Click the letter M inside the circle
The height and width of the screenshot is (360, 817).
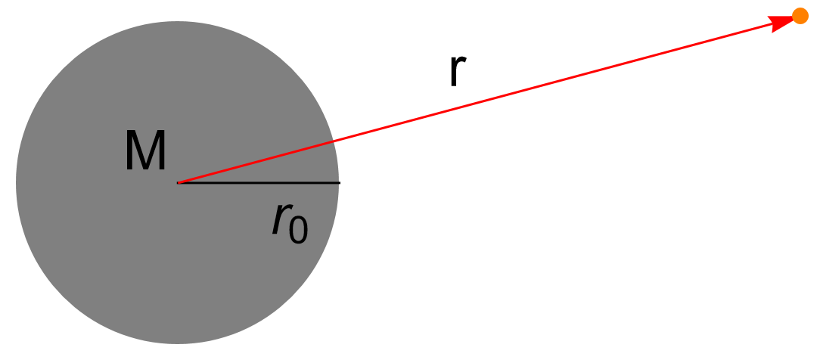(145, 152)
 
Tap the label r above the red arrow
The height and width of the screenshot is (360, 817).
(455, 72)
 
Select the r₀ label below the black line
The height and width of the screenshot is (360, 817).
(290, 224)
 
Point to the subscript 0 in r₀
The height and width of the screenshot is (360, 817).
(299, 230)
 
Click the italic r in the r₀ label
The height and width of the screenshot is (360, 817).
(281, 221)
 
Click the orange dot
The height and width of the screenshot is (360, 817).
(800, 16)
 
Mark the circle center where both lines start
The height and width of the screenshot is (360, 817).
(178, 182)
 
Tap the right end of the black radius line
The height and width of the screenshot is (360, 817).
(339, 182)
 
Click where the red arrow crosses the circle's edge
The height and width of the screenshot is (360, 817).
(334, 141)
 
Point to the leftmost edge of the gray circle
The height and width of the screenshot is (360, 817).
(17, 182)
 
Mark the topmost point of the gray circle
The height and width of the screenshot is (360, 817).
(178, 21)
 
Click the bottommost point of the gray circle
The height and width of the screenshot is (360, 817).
(178, 343)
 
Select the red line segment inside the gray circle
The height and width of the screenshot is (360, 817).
(257, 161)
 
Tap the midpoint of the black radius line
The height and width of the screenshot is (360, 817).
(259, 182)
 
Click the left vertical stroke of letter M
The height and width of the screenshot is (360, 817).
(129, 152)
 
